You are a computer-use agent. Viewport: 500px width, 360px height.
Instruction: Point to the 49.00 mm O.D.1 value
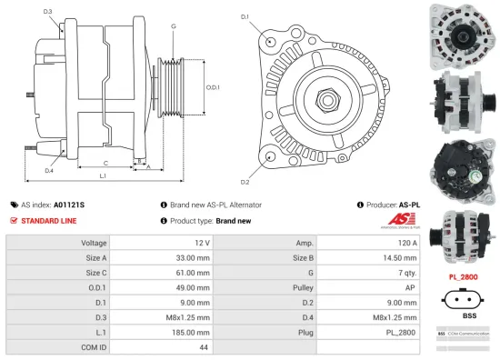click(x=196, y=287)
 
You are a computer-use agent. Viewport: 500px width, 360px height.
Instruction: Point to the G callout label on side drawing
click(x=173, y=26)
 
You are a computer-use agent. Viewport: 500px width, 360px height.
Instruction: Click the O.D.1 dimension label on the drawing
click(x=213, y=87)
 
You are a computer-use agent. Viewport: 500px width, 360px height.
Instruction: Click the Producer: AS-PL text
click(x=390, y=205)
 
